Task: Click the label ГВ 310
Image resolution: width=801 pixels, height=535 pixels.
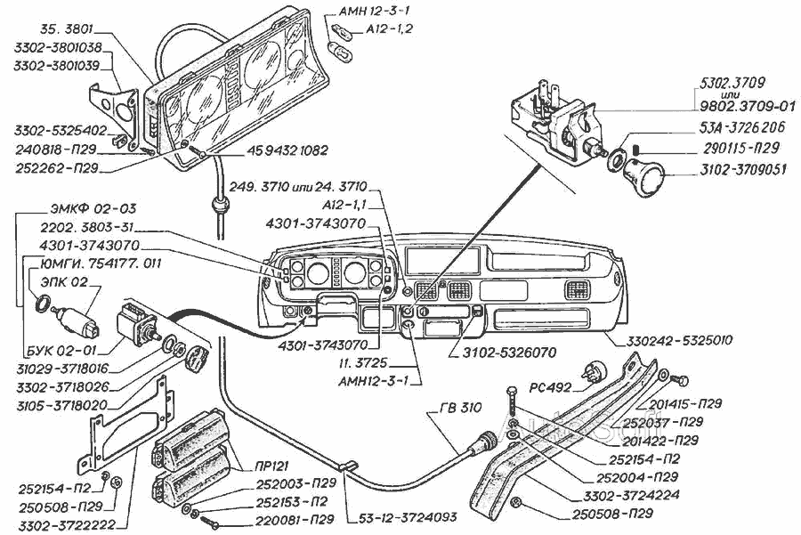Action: click(x=460, y=409)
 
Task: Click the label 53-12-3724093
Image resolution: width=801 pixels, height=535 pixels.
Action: click(x=410, y=516)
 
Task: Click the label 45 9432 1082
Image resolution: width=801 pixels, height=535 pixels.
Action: click(x=263, y=152)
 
